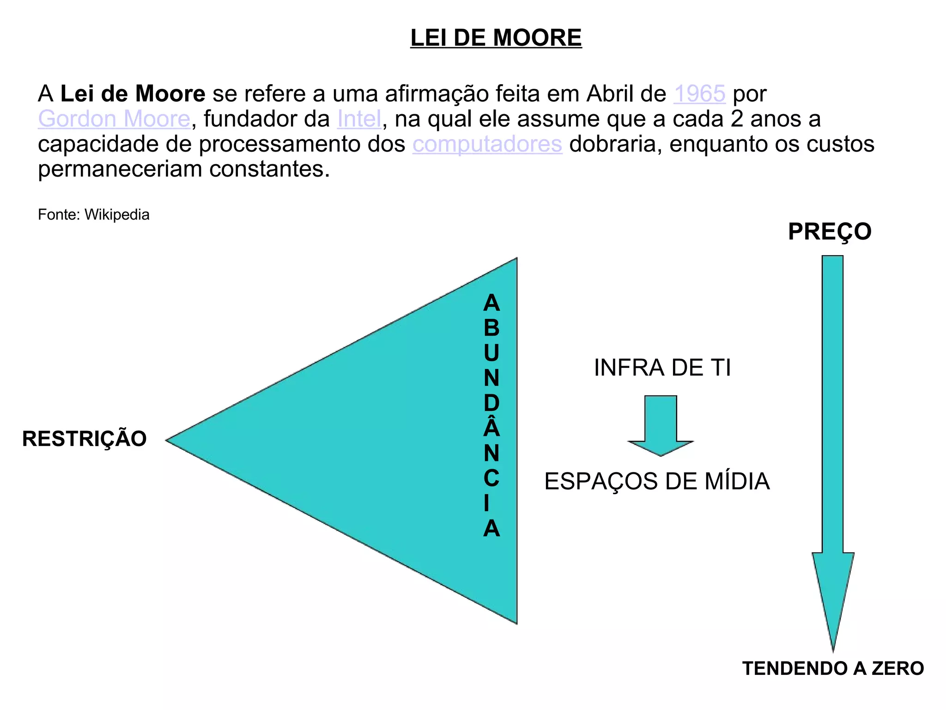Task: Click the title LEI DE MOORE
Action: coord(496,38)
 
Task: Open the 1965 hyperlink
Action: coord(699,94)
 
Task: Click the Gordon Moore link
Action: coord(114,119)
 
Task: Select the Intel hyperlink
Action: coord(359,119)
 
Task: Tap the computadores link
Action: coord(487,144)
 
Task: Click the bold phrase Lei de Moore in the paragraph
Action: coord(133,94)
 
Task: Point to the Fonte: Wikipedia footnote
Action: coord(94,215)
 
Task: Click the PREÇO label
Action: coord(830,231)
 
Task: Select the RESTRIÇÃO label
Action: coord(85,439)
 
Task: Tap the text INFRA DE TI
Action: coord(662,368)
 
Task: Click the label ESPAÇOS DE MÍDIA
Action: coord(657,481)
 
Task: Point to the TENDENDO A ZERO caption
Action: coord(833,668)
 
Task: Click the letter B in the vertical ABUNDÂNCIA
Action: coord(491,328)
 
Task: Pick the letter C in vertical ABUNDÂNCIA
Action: coord(491,478)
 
